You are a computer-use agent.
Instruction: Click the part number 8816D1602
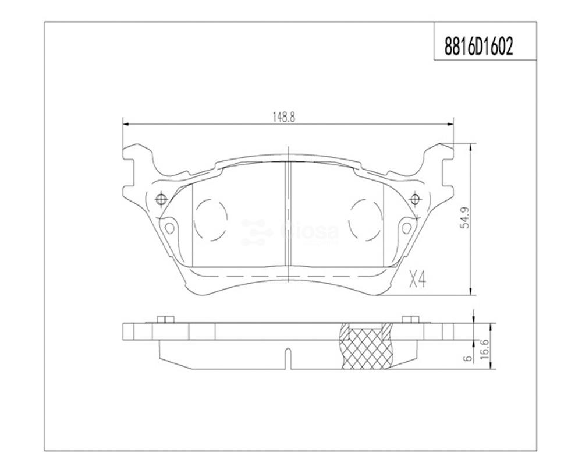[x=478, y=48]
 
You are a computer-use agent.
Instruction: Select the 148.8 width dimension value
[x=284, y=118]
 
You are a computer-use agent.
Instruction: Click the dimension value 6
[x=468, y=358]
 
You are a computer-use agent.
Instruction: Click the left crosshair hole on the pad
[x=161, y=199]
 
